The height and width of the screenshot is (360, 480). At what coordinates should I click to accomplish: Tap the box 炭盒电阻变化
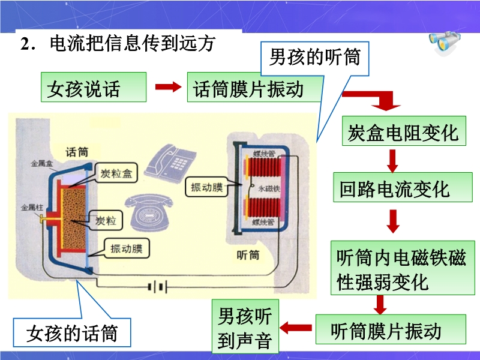tap(403, 131)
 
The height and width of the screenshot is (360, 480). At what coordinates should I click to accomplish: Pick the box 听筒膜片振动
tap(391, 329)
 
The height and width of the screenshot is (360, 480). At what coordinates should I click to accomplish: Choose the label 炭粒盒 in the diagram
tap(116, 174)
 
